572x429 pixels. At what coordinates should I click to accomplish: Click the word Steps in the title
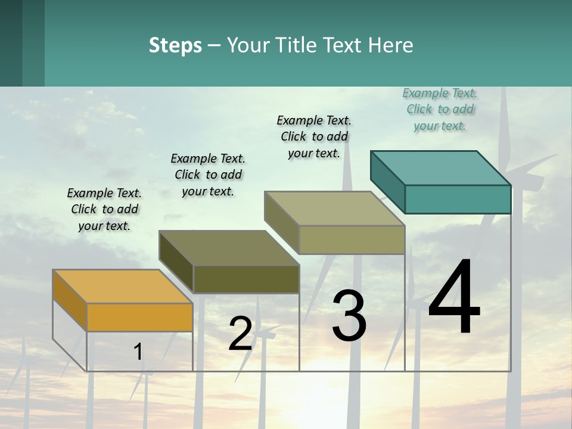(175, 45)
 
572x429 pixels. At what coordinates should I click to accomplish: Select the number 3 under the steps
(349, 316)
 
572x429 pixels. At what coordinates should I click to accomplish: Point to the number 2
(240, 334)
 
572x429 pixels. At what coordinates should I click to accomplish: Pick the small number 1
(138, 352)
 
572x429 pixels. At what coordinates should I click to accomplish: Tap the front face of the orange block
(139, 317)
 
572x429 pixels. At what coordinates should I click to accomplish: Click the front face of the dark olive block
(246, 279)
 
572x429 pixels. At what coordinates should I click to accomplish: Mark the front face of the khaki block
(352, 240)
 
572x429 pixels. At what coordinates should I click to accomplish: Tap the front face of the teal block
(458, 199)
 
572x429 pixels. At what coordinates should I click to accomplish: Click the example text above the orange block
(104, 209)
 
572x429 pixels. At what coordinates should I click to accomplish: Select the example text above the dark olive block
(208, 175)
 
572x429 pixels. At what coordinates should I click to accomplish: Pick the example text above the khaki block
(314, 136)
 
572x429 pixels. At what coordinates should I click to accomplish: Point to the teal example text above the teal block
(440, 109)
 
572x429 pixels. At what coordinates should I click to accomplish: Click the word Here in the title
(390, 45)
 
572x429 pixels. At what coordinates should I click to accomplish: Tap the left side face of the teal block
(387, 181)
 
